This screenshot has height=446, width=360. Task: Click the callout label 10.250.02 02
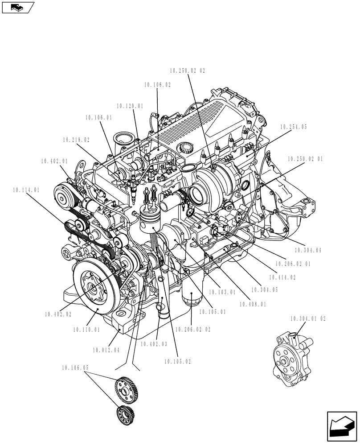point(188,70)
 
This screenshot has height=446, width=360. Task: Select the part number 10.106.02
point(157,84)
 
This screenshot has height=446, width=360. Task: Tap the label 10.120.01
point(130,106)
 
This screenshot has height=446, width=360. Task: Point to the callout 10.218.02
point(76,140)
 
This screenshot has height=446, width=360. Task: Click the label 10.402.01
point(54,161)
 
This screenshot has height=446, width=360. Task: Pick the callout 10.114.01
point(26,190)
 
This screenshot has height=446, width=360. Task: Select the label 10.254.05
point(294,127)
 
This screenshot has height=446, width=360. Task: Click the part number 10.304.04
point(307,251)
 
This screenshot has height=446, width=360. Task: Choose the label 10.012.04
point(106,350)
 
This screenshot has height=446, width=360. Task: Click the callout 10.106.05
point(75,368)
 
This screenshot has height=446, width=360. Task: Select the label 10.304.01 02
point(308,319)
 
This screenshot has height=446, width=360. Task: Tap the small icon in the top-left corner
point(18,7)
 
